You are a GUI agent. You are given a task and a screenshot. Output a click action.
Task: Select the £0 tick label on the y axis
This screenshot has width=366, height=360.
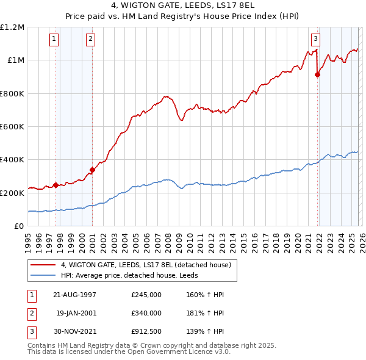point(19,226)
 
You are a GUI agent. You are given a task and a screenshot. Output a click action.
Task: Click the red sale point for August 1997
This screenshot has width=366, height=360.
point(56,185)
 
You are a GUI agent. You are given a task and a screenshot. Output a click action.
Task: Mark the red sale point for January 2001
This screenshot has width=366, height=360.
point(92,170)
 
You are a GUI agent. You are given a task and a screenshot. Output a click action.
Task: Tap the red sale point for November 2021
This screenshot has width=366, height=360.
point(317,74)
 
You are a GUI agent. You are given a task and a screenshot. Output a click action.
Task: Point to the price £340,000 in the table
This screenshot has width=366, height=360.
point(146,312)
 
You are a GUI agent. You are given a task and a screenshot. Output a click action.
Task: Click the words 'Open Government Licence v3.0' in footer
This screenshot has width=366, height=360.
point(178,352)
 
